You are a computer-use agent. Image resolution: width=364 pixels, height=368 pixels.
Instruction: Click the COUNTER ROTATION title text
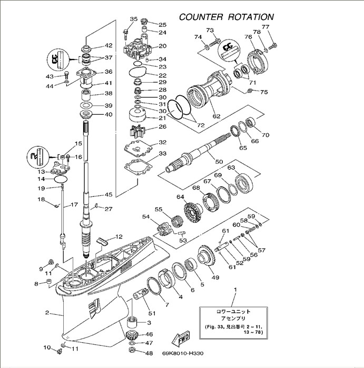tap(227, 17)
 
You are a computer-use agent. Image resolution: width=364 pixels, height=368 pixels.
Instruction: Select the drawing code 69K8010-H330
tap(183, 354)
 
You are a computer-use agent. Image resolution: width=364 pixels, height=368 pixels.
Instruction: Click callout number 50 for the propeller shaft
tap(219, 161)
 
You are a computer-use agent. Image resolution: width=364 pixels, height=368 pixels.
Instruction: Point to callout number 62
tap(216, 116)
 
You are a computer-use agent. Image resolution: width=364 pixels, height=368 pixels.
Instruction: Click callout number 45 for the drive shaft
tap(109, 194)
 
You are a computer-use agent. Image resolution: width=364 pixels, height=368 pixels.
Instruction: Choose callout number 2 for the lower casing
tap(47, 313)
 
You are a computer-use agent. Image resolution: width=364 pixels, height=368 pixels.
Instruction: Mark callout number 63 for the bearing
tap(231, 168)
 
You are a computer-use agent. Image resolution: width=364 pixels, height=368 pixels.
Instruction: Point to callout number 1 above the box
tap(235, 290)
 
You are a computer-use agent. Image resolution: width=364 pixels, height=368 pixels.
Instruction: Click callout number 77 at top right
tap(265, 27)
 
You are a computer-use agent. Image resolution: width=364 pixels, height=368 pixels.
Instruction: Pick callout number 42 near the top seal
tap(109, 46)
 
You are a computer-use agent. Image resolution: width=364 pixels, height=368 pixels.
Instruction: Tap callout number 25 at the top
tap(162, 25)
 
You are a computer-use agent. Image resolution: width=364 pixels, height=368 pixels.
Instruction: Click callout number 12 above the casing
tap(119, 237)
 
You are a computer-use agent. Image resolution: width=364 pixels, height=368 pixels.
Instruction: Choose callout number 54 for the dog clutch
tap(146, 216)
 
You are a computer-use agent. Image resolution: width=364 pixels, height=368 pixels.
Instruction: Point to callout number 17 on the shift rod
tap(74, 204)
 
